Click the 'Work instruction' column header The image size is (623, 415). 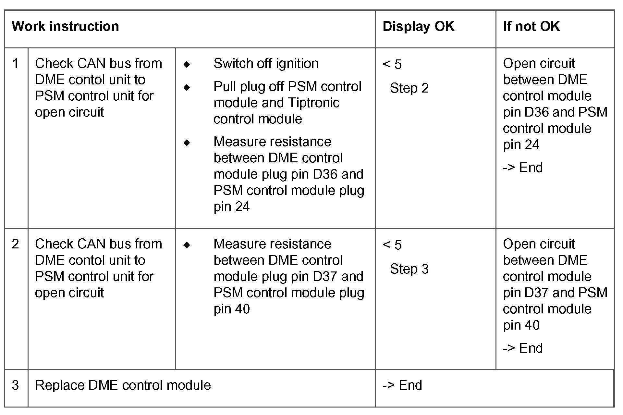65,26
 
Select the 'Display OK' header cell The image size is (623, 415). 418,26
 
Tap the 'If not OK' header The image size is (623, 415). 531,26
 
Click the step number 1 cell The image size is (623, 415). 16,63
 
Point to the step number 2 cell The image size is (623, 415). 16,244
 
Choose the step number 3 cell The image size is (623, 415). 16,385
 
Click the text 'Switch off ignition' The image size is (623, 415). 266,63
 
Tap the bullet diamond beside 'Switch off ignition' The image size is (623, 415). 187,64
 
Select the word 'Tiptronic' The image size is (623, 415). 313,103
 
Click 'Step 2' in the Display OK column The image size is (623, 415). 409,88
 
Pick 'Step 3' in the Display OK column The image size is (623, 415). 409,269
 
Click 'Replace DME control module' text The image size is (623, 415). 123,385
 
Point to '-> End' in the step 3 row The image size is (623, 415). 402,385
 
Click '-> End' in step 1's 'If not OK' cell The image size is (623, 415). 522,168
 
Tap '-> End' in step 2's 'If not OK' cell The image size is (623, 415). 522,348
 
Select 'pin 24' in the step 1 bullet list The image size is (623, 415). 231,207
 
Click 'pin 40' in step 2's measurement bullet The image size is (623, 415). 231,309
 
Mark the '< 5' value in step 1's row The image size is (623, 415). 392,64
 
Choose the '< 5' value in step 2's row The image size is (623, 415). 392,245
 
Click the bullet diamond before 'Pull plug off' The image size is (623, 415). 187,87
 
